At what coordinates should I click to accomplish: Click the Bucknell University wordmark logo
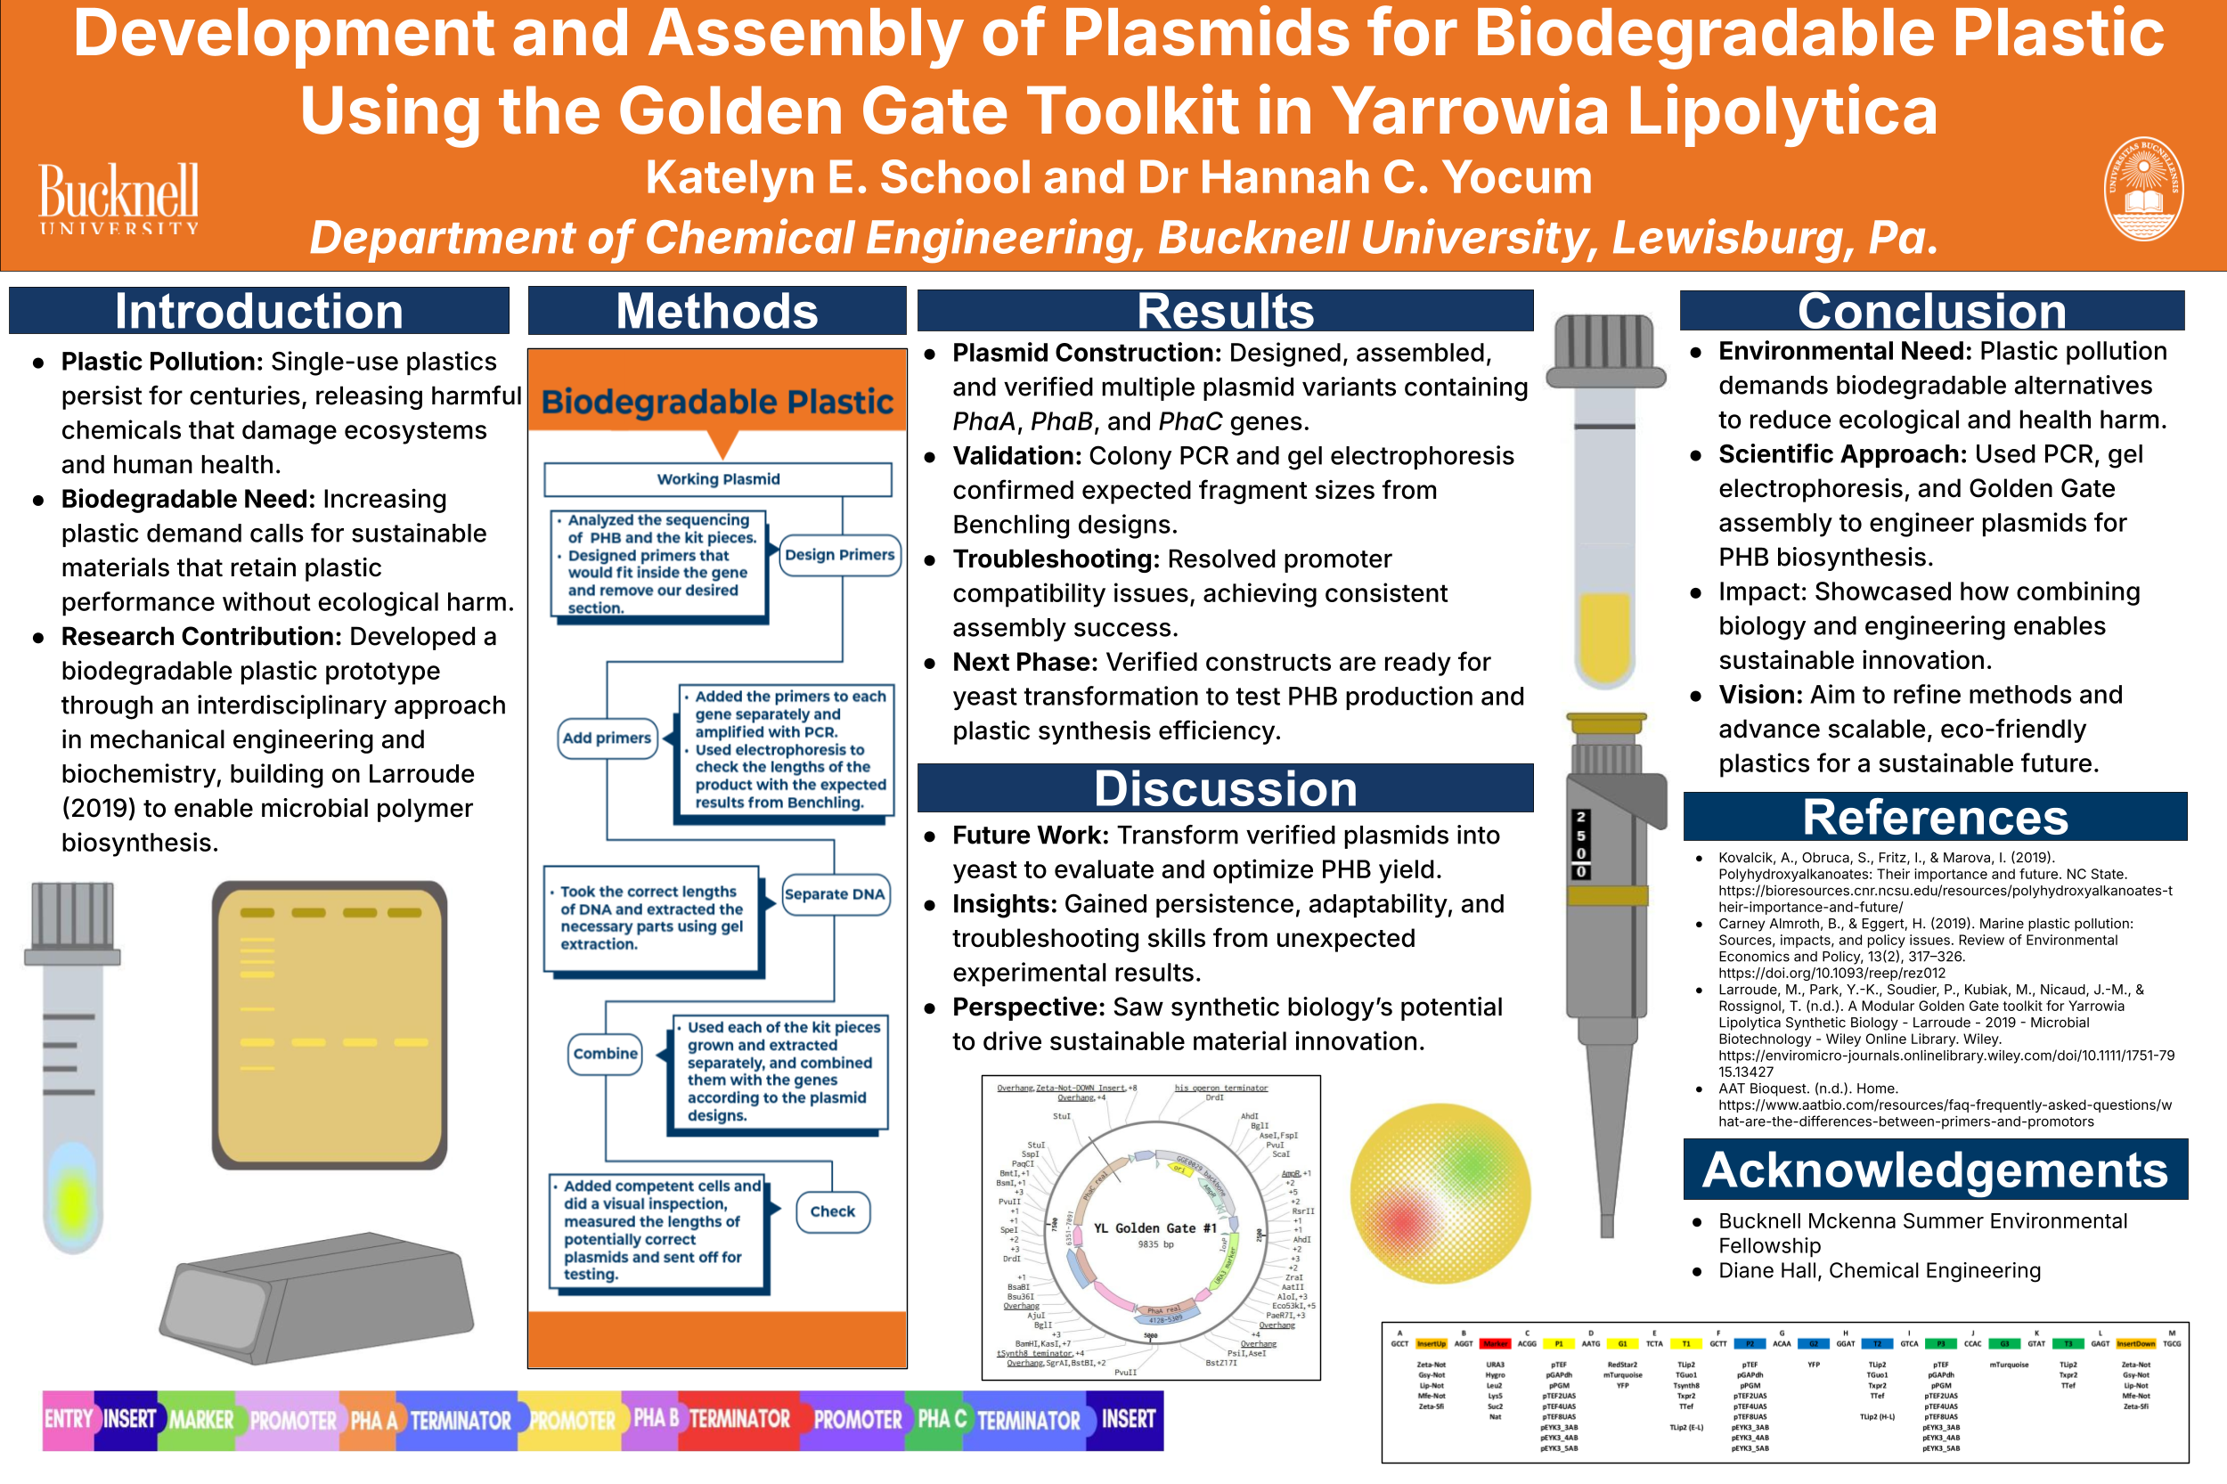(x=119, y=198)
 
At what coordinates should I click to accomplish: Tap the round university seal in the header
(x=2142, y=188)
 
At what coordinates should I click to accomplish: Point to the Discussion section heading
(x=1225, y=787)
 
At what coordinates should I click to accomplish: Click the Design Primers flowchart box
(x=839, y=555)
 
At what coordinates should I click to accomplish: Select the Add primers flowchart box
(x=607, y=738)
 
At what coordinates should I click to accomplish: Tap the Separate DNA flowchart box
(x=834, y=893)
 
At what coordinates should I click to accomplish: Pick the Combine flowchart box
(x=606, y=1054)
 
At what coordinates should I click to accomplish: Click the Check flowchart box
(x=832, y=1211)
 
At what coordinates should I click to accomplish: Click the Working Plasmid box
(x=717, y=479)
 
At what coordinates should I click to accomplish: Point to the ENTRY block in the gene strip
(x=68, y=1420)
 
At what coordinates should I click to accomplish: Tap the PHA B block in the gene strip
(x=655, y=1420)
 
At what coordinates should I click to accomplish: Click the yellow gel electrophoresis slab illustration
(x=330, y=1024)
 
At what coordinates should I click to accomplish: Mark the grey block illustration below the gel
(x=317, y=1297)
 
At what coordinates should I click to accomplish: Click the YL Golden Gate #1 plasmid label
(x=1154, y=1227)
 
